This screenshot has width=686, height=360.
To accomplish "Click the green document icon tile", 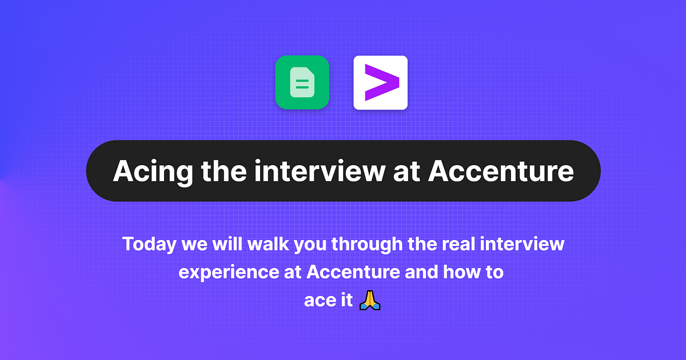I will pyautogui.click(x=302, y=82).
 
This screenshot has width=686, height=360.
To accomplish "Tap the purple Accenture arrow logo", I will pyautogui.click(x=380, y=82).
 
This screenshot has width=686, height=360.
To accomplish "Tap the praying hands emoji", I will pyautogui.click(x=369, y=300).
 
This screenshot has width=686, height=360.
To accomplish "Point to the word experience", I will pyautogui.click(x=229, y=273).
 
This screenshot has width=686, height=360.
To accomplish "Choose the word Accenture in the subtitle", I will pyautogui.click(x=353, y=273).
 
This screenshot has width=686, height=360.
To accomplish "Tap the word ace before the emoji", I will pyautogui.click(x=317, y=301).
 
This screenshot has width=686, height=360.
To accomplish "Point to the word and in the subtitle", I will pyautogui.click(x=422, y=273).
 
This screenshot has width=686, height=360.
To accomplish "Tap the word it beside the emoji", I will pyautogui.click(x=345, y=301).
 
